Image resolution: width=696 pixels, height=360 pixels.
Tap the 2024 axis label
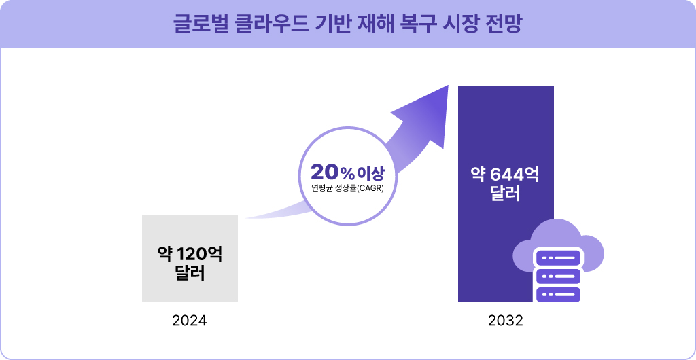point(190,321)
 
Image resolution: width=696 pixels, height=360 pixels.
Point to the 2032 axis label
point(506,321)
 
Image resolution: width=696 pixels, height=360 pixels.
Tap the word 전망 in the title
point(502,24)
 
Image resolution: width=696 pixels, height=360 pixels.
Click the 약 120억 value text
point(190,255)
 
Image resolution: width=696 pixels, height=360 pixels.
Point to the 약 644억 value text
point(506,175)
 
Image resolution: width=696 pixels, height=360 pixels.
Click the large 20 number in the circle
point(325,171)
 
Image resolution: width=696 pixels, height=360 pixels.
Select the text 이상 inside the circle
point(370,172)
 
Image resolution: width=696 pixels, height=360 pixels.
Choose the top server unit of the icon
point(558,258)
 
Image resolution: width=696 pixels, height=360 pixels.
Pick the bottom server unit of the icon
point(558,295)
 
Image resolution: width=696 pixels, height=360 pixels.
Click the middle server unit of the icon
point(558,276)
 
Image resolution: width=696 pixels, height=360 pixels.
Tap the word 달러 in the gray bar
point(190,275)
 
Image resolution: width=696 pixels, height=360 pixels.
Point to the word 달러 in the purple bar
point(506,195)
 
